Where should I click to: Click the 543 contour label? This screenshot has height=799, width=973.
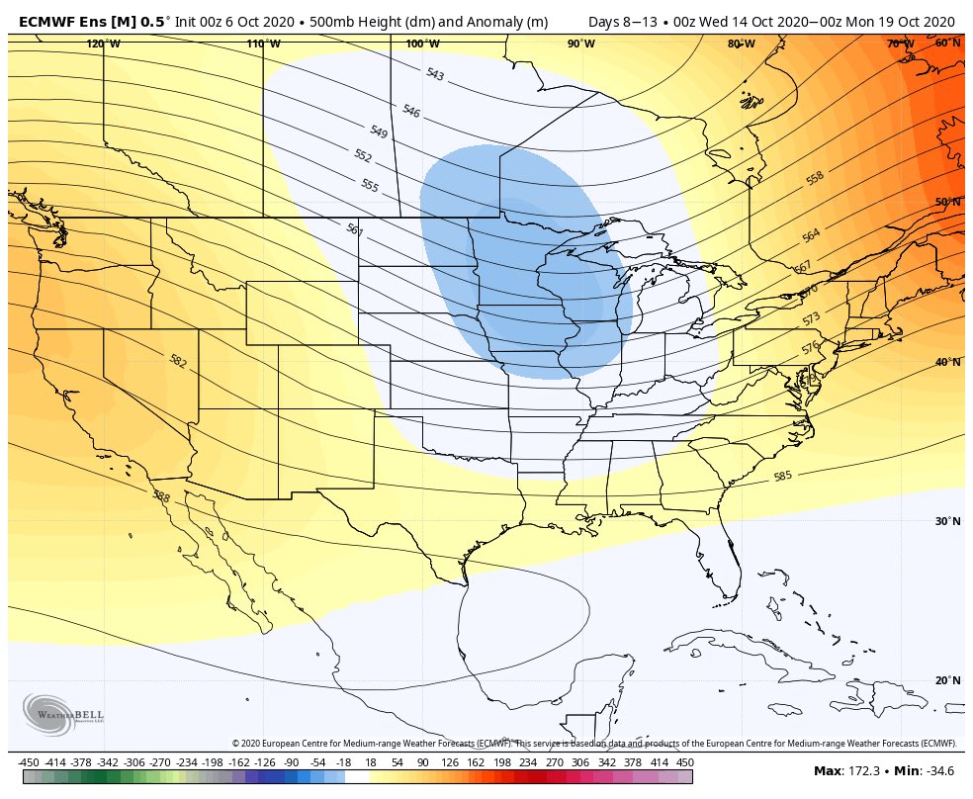[x=435, y=74]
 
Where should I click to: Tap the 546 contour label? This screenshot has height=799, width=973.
[x=411, y=112]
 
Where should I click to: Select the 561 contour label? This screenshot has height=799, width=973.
[x=355, y=229]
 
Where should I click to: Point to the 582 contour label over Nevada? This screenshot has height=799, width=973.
[x=178, y=361]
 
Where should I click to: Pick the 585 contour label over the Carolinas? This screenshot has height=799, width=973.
[x=782, y=476]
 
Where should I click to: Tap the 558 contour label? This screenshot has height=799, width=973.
[x=815, y=179]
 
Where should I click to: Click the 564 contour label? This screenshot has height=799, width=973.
[x=811, y=235]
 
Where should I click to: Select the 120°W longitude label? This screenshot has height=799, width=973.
[x=103, y=44]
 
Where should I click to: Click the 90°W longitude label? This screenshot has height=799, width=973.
[x=580, y=44]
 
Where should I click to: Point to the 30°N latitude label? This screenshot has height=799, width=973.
[x=947, y=522]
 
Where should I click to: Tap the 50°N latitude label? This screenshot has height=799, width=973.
[x=947, y=202]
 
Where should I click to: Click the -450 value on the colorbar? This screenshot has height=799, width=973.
[x=29, y=761]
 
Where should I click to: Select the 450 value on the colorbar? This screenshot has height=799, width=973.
[x=683, y=761]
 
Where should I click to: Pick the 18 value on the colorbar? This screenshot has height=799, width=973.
[x=370, y=761]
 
